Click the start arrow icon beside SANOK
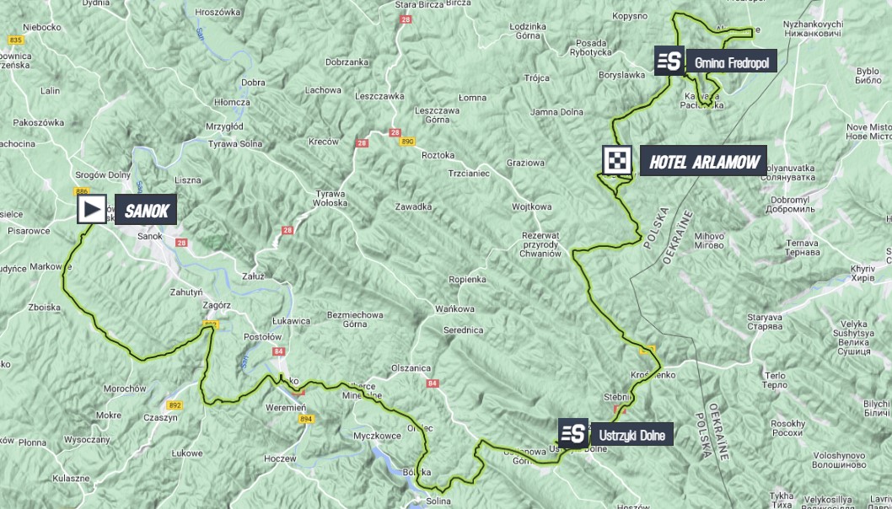pyautogui.click(x=92, y=209)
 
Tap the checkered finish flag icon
pyautogui.click(x=617, y=160)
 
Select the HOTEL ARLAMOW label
pyautogui.click(x=703, y=161)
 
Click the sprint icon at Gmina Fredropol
pyautogui.click(x=669, y=62)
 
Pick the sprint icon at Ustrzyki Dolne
pyautogui.click(x=573, y=434)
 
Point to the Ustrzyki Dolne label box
pyautogui.click(x=631, y=435)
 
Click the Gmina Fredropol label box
pyautogui.click(x=731, y=62)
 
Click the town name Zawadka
pyautogui.click(x=413, y=206)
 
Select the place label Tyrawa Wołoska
pyautogui.click(x=330, y=198)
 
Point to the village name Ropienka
pyautogui.click(x=467, y=279)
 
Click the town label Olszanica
pyautogui.click(x=411, y=368)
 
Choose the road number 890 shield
pyautogui.click(x=407, y=142)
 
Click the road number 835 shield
pyautogui.click(x=14, y=40)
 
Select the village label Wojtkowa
pyautogui.click(x=531, y=206)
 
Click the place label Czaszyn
pyautogui.click(x=160, y=417)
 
